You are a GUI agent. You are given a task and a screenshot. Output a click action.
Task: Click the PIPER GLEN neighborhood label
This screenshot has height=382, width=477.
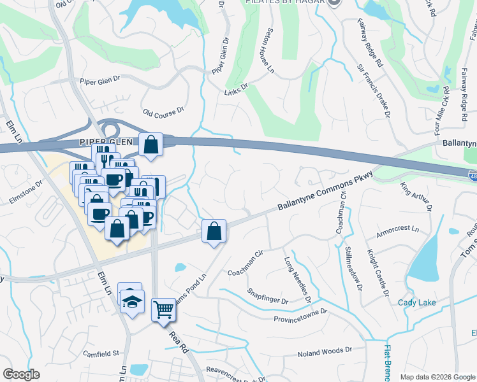click(x=100, y=141)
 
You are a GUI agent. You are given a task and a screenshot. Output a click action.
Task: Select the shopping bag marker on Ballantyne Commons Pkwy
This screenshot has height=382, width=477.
click(x=214, y=230)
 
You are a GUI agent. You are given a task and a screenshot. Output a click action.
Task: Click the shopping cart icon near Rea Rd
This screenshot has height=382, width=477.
click(x=163, y=309)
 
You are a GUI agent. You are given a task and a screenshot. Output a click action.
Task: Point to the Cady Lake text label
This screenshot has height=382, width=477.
click(x=417, y=302)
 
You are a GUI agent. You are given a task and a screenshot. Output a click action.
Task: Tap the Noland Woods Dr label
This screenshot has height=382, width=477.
click(x=325, y=350)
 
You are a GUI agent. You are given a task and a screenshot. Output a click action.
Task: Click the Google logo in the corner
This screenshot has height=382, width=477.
click(x=21, y=374)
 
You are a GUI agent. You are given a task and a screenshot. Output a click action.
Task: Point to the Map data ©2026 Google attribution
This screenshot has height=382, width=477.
click(x=437, y=377)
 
